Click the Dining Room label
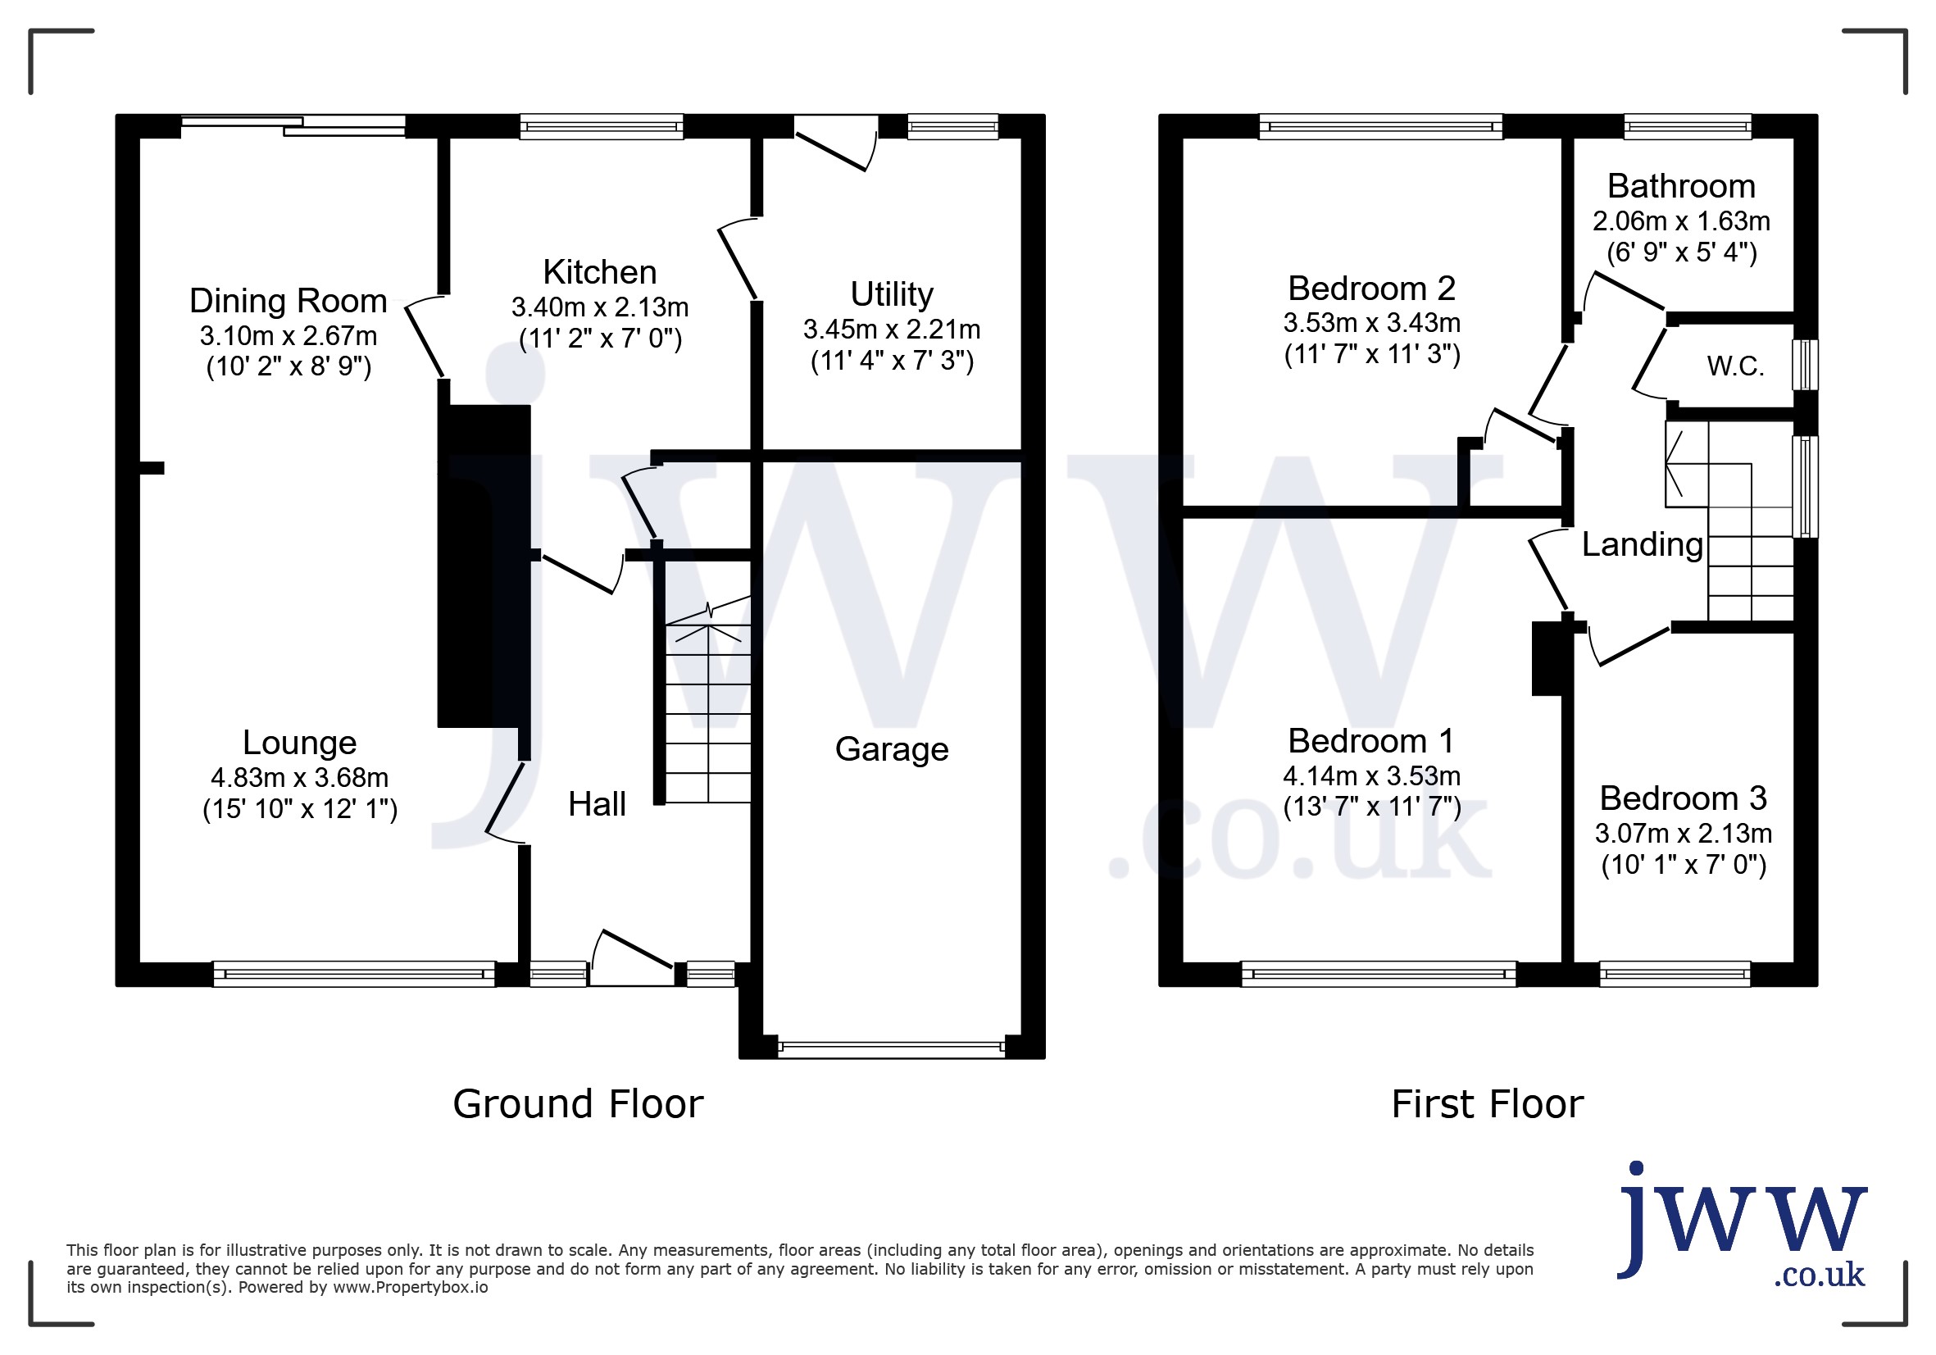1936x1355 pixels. [x=289, y=301]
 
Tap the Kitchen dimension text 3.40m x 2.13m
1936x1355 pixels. [x=599, y=307]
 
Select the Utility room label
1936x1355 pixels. [x=891, y=294]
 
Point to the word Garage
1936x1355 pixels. [x=891, y=748]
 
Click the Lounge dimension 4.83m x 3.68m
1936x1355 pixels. [x=299, y=777]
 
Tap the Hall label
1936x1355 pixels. [x=597, y=804]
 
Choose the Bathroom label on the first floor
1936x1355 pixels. [x=1681, y=185]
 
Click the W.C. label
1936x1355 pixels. [x=1735, y=366]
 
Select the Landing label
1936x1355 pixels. [x=1642, y=544]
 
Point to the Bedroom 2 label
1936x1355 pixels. [x=1372, y=289]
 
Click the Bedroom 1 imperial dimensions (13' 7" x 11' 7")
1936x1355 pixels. [x=1372, y=807]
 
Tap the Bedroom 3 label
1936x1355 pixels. [x=1683, y=798]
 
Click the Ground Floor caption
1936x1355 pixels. [x=578, y=1103]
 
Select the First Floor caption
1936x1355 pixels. [x=1488, y=1103]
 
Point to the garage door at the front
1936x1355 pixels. [x=891, y=1049]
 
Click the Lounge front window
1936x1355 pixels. [x=354, y=974]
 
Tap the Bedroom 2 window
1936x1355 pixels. [x=1380, y=126]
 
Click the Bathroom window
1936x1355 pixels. [x=1688, y=126]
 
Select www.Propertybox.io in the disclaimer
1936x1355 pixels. [x=411, y=1288]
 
